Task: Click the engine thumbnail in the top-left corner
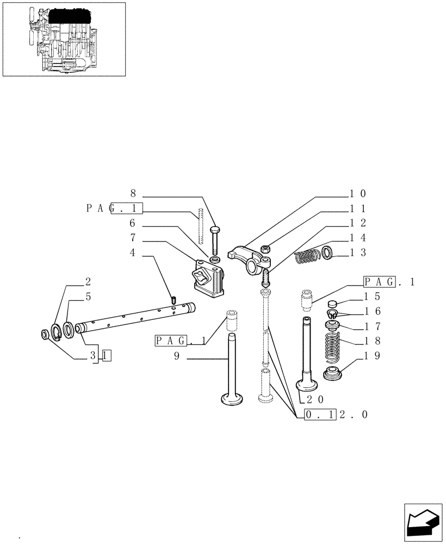coord(64,39)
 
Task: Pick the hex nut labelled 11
coord(267,249)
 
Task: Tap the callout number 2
coord(88,282)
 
